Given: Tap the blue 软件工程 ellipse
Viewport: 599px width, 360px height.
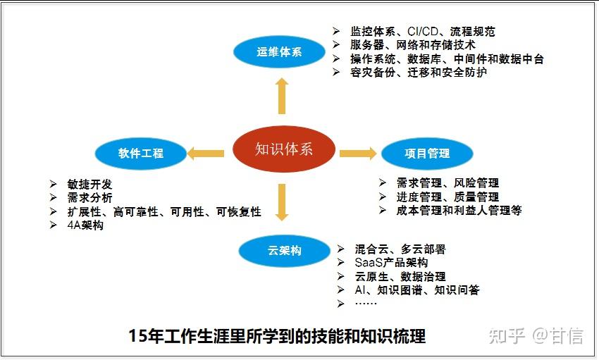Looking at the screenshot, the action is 141,153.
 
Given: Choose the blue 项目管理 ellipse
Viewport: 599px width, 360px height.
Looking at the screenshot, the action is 427,153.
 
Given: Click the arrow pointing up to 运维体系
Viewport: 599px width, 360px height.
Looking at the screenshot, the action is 282,96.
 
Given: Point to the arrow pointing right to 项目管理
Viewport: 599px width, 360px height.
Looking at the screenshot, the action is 358,153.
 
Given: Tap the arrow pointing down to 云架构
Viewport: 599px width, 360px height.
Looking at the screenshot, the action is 283,202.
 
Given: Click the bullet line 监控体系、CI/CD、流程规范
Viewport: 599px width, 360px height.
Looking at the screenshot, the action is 422,32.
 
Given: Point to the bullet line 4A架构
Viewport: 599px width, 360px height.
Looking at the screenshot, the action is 85,226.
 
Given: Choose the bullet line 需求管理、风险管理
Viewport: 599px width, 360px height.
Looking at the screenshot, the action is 447,183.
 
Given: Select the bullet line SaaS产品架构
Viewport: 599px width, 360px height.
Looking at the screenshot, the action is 391,263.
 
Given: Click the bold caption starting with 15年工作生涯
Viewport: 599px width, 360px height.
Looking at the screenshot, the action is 277,336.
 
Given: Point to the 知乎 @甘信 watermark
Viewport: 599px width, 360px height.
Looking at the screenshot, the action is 536,336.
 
